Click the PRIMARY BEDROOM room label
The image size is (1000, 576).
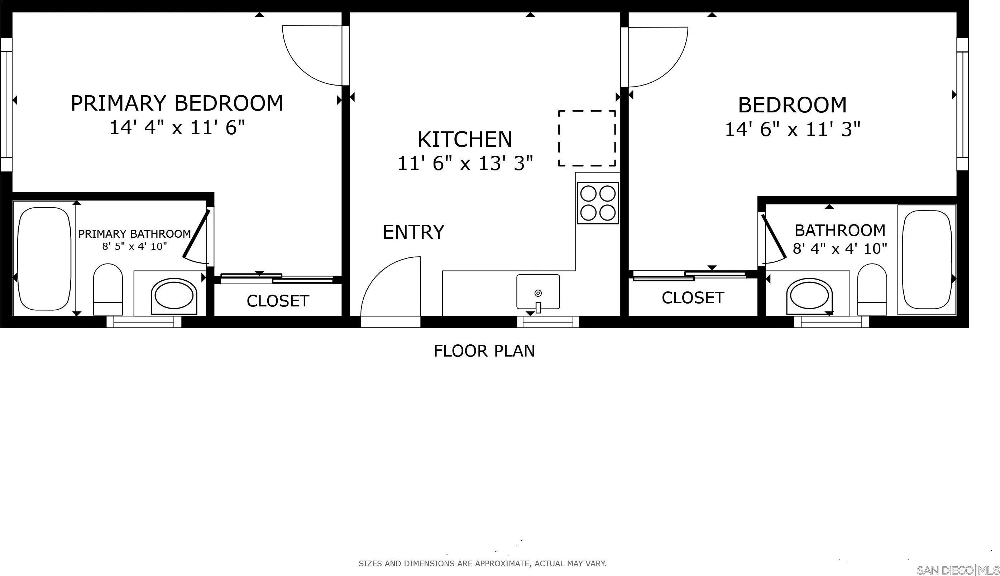coord(177,103)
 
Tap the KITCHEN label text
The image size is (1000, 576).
coord(465,139)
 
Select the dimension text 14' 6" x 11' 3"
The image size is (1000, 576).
coord(792,129)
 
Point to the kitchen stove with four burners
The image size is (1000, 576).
coord(598,203)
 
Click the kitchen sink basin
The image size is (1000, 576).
coord(538,291)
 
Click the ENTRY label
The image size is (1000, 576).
coord(413,232)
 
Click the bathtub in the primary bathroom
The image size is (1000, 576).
coord(44,259)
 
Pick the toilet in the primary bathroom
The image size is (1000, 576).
coord(108,289)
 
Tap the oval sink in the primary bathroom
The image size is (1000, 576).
coord(174,296)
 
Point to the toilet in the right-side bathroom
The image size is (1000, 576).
coord(872,289)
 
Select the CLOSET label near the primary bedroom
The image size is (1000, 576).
coord(278,301)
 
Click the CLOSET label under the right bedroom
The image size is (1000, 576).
coord(693,298)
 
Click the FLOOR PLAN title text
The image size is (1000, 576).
coord(484,351)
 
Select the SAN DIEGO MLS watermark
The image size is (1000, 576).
coord(958,570)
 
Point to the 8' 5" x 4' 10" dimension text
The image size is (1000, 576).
coord(135,246)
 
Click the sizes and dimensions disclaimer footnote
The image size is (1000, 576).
coord(483,563)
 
